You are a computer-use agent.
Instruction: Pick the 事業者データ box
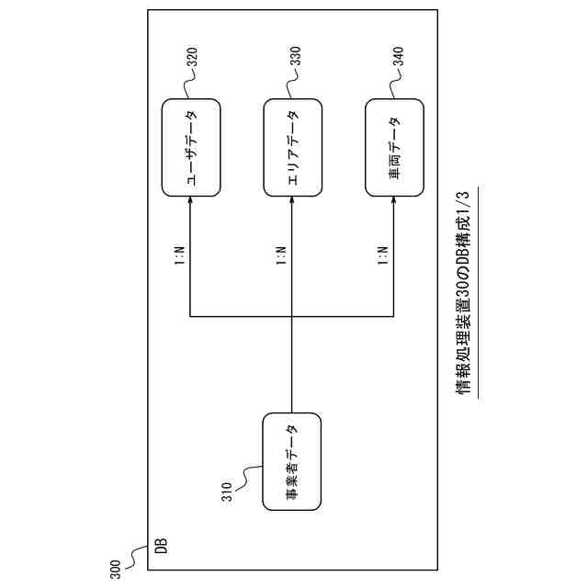coord(292,462)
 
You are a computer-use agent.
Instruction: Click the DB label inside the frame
coord(160,547)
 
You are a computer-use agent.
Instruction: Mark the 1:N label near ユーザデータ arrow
coord(178,254)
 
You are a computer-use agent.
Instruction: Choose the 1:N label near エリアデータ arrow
coord(279,254)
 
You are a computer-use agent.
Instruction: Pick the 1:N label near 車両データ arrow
coord(380,254)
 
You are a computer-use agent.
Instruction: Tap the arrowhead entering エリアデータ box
coord(292,202)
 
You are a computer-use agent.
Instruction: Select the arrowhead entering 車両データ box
coord(393,202)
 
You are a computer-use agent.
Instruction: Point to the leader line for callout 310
coord(250,474)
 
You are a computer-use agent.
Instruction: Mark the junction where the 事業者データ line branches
coord(292,317)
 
